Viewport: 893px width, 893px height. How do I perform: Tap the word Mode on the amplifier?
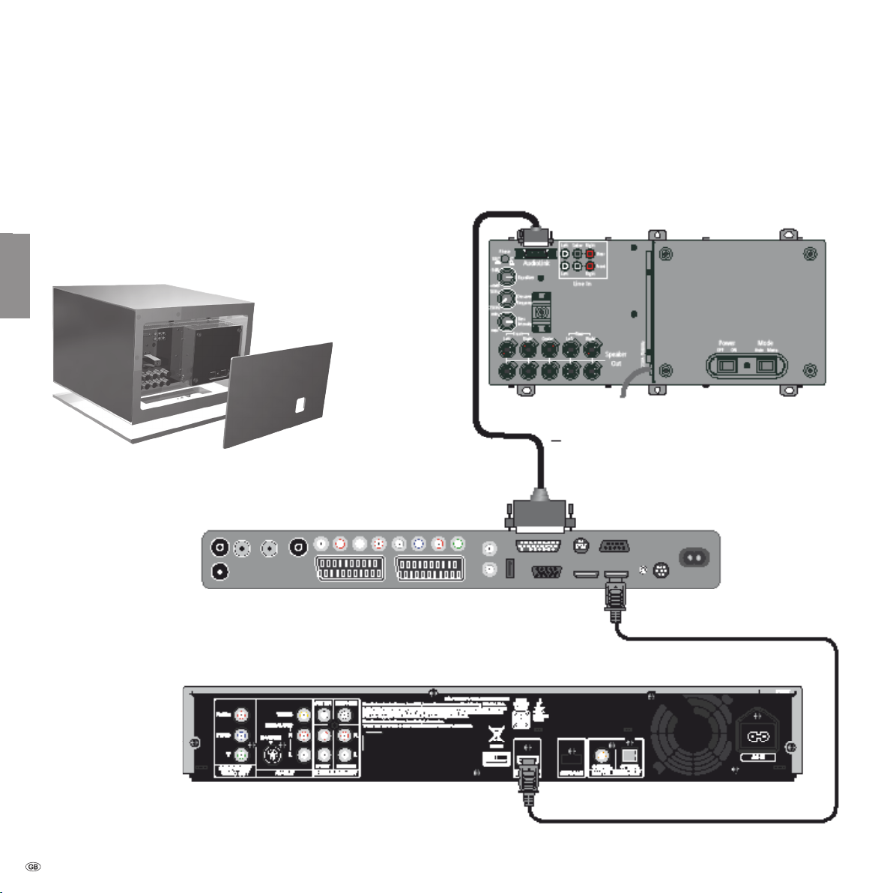click(x=765, y=344)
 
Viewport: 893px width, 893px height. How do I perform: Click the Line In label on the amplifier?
click(x=582, y=284)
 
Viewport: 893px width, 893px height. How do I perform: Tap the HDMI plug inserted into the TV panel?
click(x=615, y=596)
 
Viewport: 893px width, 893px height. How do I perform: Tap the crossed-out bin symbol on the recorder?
click(x=495, y=736)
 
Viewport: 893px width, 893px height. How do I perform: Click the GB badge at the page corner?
click(x=33, y=867)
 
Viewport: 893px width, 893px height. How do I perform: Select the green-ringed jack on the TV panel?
click(x=458, y=545)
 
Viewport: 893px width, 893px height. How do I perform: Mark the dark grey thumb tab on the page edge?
click(x=14, y=275)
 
